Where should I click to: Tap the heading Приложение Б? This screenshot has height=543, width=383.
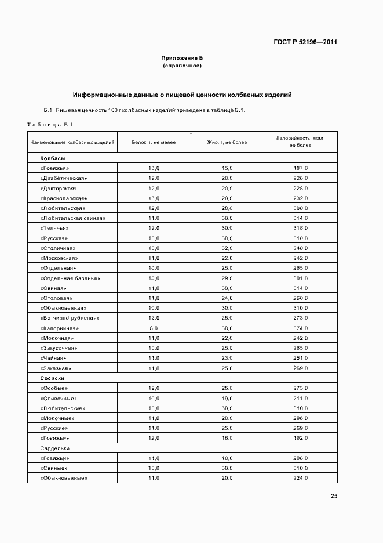tap(182, 59)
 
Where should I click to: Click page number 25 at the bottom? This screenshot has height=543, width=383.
tap(334, 495)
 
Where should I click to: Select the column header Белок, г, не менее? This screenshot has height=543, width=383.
tap(154, 142)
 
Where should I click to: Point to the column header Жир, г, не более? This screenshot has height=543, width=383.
tap(227, 142)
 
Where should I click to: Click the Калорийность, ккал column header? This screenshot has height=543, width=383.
tap(300, 142)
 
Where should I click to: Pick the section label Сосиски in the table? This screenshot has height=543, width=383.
tap(53, 377)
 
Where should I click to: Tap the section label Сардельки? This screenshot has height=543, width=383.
tap(55, 448)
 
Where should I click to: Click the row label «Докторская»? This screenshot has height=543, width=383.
tap(59, 189)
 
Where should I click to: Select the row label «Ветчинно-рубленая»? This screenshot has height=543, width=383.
tap(70, 318)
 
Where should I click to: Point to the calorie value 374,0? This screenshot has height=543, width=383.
tap(300, 328)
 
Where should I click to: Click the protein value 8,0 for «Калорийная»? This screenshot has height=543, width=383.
tap(154, 328)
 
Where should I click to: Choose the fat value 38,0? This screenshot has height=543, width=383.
tap(227, 328)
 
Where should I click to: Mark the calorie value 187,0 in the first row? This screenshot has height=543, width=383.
tap(300, 168)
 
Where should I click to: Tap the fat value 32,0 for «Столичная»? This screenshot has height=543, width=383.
tap(227, 248)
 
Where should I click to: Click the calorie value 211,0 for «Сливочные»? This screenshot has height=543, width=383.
tap(300, 399)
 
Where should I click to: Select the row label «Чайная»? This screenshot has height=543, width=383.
tap(53, 358)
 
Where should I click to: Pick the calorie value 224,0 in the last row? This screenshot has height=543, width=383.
tap(300, 478)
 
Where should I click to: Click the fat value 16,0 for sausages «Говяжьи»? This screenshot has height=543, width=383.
tap(227, 438)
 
